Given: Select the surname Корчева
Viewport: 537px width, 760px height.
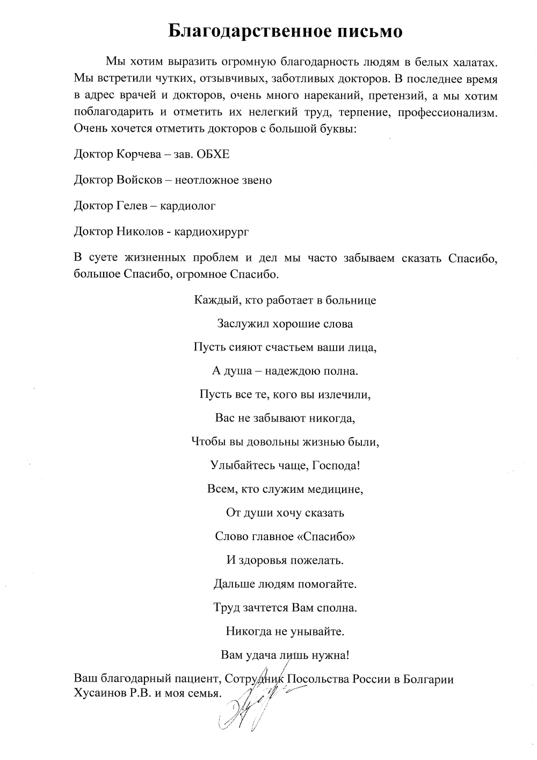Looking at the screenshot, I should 138,154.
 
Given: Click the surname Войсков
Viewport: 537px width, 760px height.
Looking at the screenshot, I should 139,180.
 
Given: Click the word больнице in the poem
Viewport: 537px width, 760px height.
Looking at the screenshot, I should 351,300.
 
